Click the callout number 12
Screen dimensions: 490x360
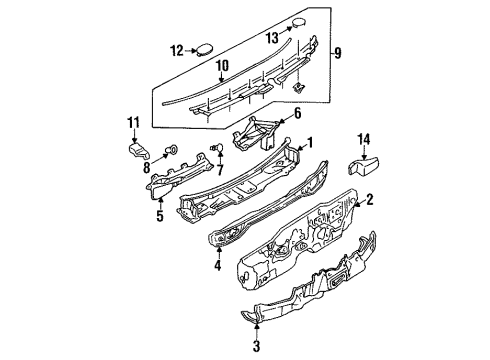tap(177, 51)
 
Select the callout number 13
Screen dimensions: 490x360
tap(272, 38)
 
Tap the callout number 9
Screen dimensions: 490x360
tap(338, 53)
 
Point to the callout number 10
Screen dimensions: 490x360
tap(222, 66)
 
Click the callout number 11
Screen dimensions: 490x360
tap(134, 123)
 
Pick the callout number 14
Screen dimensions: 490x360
tap(364, 139)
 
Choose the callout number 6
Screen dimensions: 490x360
tap(297, 113)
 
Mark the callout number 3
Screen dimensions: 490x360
tap(256, 346)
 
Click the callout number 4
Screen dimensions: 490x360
tap(218, 265)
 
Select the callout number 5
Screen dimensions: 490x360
tap(160, 216)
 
